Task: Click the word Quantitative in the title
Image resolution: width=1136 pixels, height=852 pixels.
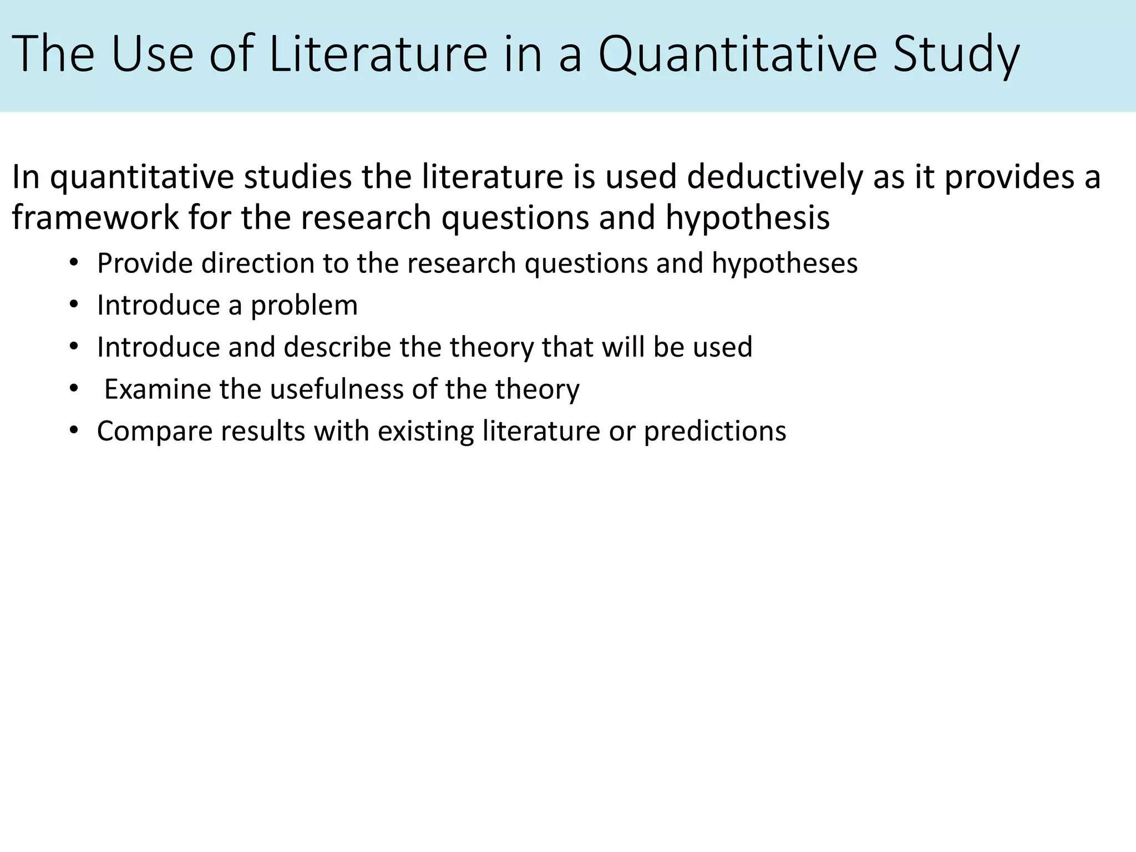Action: pyautogui.click(x=738, y=54)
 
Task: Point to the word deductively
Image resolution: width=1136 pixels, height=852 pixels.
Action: pyautogui.click(x=774, y=176)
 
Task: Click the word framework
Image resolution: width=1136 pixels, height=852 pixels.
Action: pyautogui.click(x=95, y=217)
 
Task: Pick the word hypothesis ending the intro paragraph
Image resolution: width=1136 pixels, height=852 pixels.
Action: pyautogui.click(x=747, y=217)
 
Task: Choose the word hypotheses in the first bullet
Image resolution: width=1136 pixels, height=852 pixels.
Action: pyautogui.click(x=784, y=263)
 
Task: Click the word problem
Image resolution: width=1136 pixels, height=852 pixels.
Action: pyautogui.click(x=304, y=306)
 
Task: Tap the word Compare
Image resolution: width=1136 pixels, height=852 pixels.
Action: pyautogui.click(x=154, y=431)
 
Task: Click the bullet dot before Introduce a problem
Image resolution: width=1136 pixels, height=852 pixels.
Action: pyautogui.click(x=74, y=305)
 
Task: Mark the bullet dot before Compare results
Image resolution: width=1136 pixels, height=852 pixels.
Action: pyautogui.click(x=74, y=431)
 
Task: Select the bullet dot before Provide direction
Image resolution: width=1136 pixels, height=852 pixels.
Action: pyautogui.click(x=74, y=263)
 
